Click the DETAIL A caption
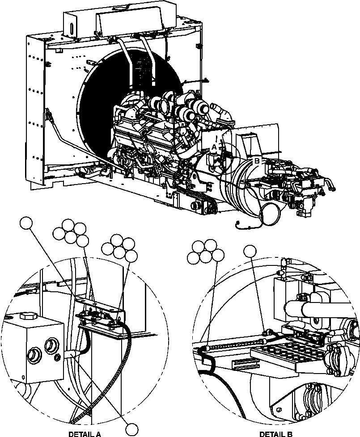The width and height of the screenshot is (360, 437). pyautogui.click(x=85, y=433)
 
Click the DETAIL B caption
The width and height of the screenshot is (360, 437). pyautogui.click(x=276, y=433)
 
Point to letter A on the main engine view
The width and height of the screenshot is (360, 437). pyautogui.click(x=214, y=147)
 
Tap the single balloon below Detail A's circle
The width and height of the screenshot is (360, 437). pyautogui.click(x=131, y=429)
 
